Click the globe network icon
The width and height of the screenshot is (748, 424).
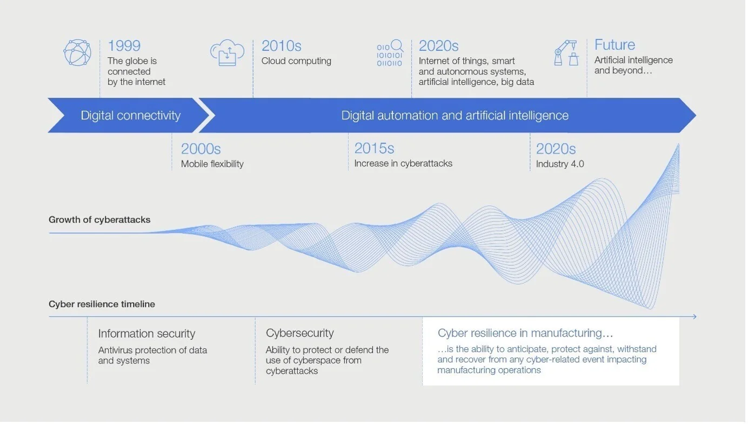pos(77,53)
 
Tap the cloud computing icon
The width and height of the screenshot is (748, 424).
pos(228,53)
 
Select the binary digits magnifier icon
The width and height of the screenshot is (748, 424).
pos(390,53)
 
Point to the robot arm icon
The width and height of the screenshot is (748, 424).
pos(566,53)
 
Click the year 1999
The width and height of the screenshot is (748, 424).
pos(124,46)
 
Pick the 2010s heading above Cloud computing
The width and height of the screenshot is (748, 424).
pos(282,46)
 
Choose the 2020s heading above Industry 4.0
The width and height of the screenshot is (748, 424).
pos(556,149)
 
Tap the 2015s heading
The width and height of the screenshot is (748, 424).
pos(375,149)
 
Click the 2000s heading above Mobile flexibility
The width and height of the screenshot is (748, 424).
pos(201,149)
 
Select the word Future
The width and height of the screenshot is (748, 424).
pos(615,45)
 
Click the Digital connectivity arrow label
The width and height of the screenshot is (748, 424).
pos(131,116)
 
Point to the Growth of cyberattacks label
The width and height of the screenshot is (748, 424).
pos(99,220)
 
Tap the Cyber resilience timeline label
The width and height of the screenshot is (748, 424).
pos(102,304)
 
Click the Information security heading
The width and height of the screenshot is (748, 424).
pos(146,334)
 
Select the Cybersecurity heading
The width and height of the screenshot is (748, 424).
pos(300,333)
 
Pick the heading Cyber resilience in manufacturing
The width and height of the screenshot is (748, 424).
pos(525,333)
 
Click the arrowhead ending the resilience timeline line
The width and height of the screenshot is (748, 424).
pos(695,317)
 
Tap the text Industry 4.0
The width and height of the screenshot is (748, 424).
pos(560,164)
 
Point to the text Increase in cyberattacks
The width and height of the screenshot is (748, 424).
pos(403,164)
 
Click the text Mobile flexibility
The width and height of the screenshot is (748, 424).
pos(212,164)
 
